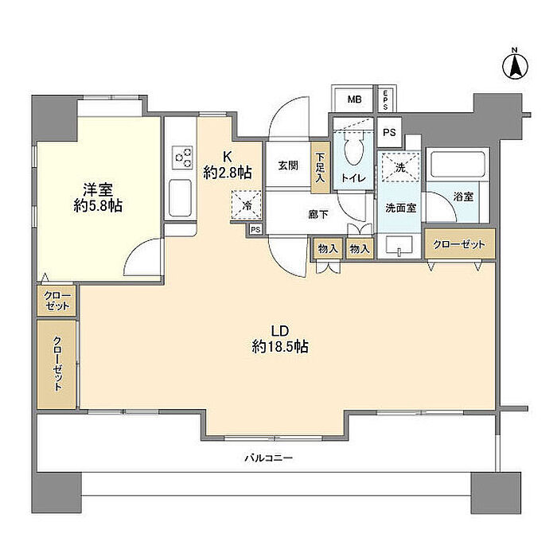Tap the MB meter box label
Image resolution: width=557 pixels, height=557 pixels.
pos(353,100)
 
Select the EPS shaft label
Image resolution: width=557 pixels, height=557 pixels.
pos(385,99)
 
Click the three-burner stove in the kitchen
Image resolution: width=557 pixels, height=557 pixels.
pos(180,157)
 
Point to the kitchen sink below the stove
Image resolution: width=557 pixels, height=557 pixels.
pos(180,196)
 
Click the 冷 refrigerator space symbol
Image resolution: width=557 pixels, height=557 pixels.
pos(246,204)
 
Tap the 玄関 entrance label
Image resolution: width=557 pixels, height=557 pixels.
pos(287,166)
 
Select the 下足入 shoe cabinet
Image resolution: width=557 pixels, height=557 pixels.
pos(319,167)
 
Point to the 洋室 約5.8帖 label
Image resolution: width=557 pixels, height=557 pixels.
pos(99,197)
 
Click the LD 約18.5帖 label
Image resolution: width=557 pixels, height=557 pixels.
pos(279,339)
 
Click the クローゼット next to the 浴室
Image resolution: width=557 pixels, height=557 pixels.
pos(461,243)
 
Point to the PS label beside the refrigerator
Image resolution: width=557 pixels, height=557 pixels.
pos(255,229)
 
